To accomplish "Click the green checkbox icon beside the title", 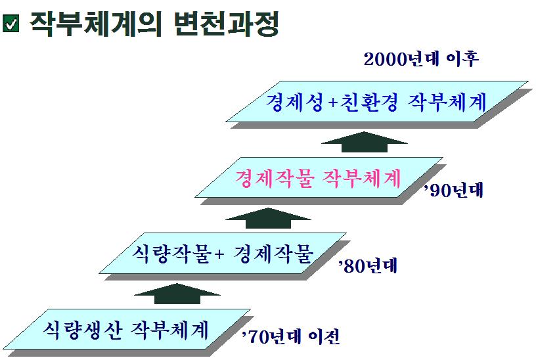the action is point(11,24).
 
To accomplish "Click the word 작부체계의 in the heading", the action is point(96,24).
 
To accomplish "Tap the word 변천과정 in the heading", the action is point(227,24).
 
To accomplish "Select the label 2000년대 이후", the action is point(421,59).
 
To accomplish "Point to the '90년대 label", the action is point(453,190).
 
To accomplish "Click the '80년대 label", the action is point(368,265).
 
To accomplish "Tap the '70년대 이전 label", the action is point(291,336).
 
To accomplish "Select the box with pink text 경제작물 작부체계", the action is point(319,177).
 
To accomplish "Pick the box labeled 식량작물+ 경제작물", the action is point(223,254).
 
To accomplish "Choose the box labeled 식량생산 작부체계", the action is point(127,329).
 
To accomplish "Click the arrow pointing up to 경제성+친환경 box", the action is point(365,142).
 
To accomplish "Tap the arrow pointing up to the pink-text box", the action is point(269,218).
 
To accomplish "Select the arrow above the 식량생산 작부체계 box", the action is point(177,294).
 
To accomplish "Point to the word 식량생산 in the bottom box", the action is point(82,330).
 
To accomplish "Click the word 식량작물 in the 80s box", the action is point(171,254).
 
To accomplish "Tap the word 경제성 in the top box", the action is point(294,102).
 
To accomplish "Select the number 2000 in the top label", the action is point(384,60).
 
